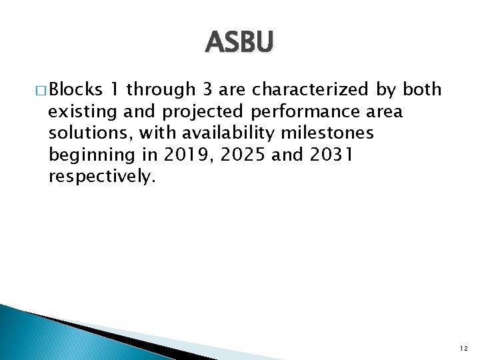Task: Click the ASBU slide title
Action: pos(239,43)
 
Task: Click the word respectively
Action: pos(101,177)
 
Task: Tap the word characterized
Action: pos(306,89)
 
